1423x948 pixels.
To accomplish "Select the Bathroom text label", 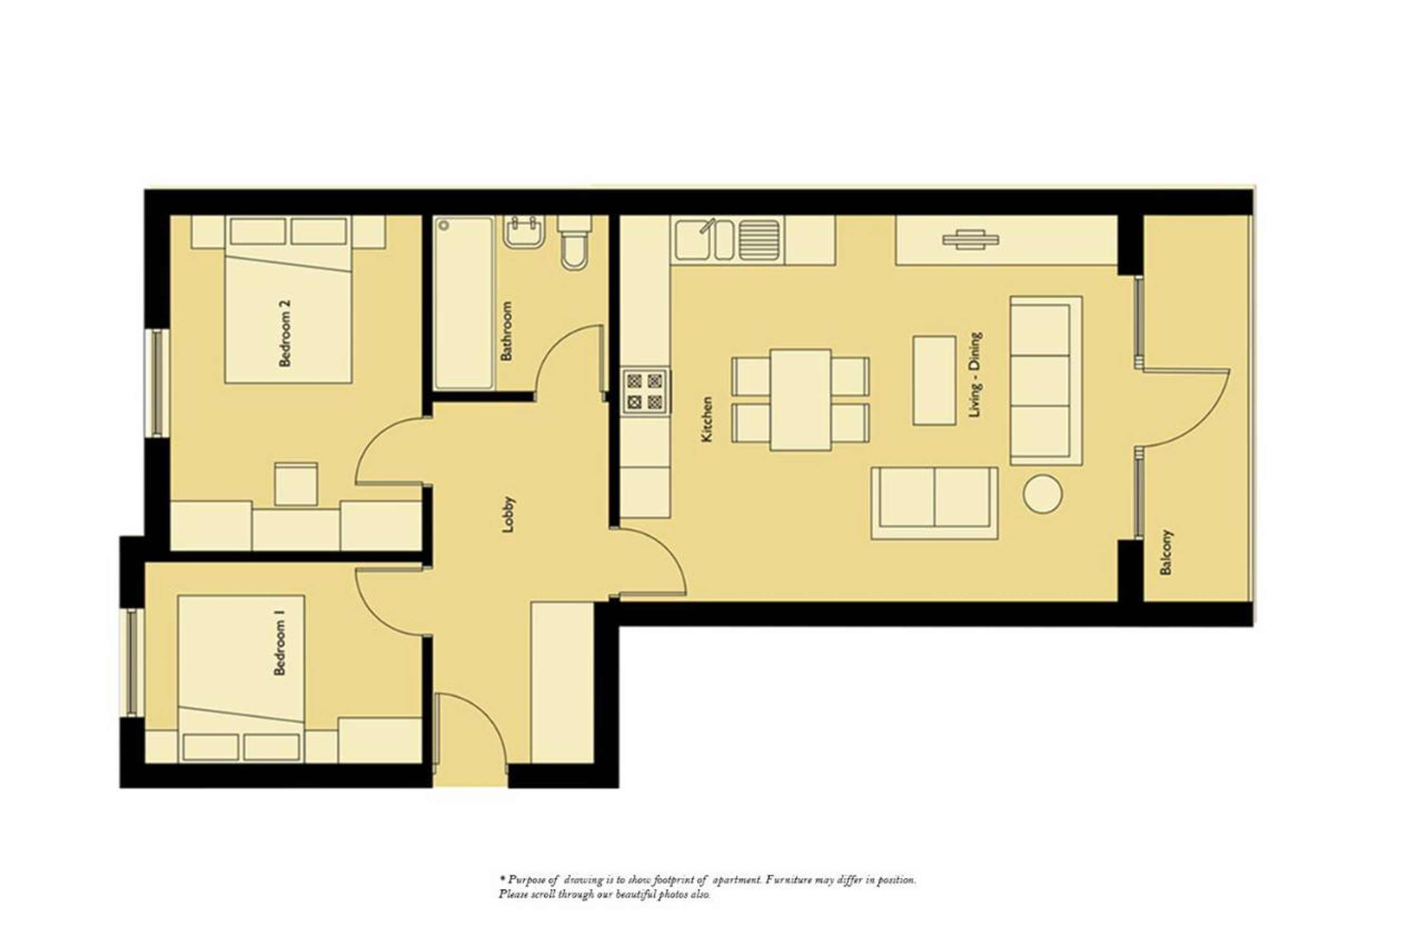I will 506,331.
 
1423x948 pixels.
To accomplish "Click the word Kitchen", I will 707,419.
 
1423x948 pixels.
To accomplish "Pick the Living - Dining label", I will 975,374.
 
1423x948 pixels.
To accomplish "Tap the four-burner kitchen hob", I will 645,391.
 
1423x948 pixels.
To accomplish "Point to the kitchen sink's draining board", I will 759,240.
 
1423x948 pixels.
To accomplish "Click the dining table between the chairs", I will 799,400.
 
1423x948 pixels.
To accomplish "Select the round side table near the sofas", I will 1042,494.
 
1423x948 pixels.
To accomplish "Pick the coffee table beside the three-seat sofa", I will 934,380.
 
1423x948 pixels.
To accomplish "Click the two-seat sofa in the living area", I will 934,503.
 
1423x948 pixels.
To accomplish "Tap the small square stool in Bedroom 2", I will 296,483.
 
